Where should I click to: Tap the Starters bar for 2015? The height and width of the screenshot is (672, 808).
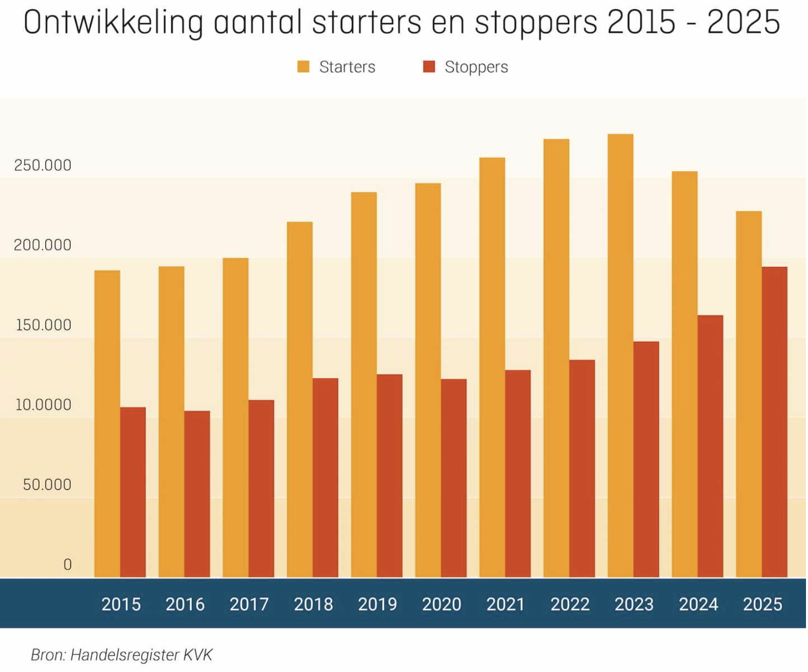pyautogui.click(x=107, y=424)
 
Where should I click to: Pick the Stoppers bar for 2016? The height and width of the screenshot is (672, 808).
pyautogui.click(x=197, y=494)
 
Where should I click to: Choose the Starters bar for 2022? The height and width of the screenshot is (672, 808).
pyautogui.click(x=557, y=358)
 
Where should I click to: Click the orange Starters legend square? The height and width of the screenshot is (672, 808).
pyautogui.click(x=304, y=67)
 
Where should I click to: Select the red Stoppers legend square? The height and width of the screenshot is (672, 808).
pyautogui.click(x=429, y=67)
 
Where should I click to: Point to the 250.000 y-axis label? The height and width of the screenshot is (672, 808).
pyautogui.click(x=43, y=165)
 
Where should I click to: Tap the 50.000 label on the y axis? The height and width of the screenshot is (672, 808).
pyautogui.click(x=47, y=485)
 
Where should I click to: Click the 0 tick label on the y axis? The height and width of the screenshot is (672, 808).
pyautogui.click(x=68, y=565)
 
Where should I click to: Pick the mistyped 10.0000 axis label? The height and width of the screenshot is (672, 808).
pyautogui.click(x=43, y=405)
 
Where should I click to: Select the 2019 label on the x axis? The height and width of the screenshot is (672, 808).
pyautogui.click(x=378, y=604)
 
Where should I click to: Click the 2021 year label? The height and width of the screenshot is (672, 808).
pyautogui.click(x=506, y=604)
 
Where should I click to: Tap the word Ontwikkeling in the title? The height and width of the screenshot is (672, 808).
pyautogui.click(x=113, y=23)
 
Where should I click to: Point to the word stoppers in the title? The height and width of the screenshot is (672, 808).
pyautogui.click(x=536, y=23)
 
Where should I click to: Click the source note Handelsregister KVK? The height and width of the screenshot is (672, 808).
pyautogui.click(x=141, y=655)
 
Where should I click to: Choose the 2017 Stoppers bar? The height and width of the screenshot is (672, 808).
pyautogui.click(x=261, y=489)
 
